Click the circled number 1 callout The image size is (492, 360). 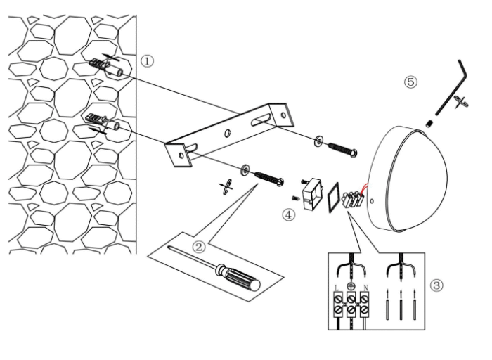coord(147,61)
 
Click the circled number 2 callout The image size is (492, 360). coord(199,247)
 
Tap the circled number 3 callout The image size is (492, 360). coord(436,285)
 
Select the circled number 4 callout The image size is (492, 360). coord(289,215)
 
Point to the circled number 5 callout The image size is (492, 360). coord(410,82)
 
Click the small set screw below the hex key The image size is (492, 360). coord(430,124)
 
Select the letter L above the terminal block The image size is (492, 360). coord(337,288)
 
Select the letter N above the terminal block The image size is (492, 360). coord(365,288)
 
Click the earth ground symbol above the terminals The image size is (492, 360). coord(351,286)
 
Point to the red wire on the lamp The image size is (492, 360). coord(365,189)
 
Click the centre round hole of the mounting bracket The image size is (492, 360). coord(227,133)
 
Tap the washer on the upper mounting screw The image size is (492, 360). coord(319,141)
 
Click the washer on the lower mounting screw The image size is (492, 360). coord(245,169)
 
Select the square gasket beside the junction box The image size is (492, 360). coord(334,198)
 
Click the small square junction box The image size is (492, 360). coord(312,193)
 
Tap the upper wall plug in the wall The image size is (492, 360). coord(105,67)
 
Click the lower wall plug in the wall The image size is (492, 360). coord(103,122)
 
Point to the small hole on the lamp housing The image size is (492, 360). coord(372,200)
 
